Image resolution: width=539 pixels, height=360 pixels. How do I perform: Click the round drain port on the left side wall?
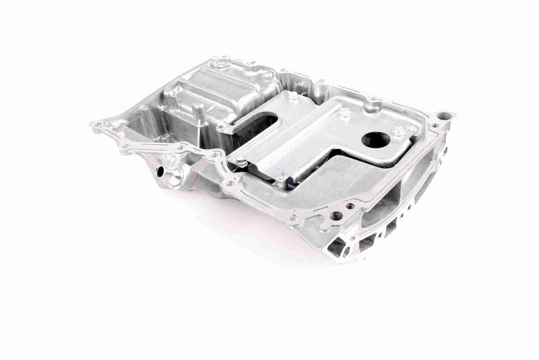tap(162, 171)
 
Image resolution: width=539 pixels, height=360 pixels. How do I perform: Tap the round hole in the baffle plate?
tap(375, 140)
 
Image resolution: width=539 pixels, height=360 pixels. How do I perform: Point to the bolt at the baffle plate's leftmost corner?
tap(240, 162)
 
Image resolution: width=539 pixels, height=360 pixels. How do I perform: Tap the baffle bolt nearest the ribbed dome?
tap(293, 96)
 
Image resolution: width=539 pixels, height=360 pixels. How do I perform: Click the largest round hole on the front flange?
tap(336, 217)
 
